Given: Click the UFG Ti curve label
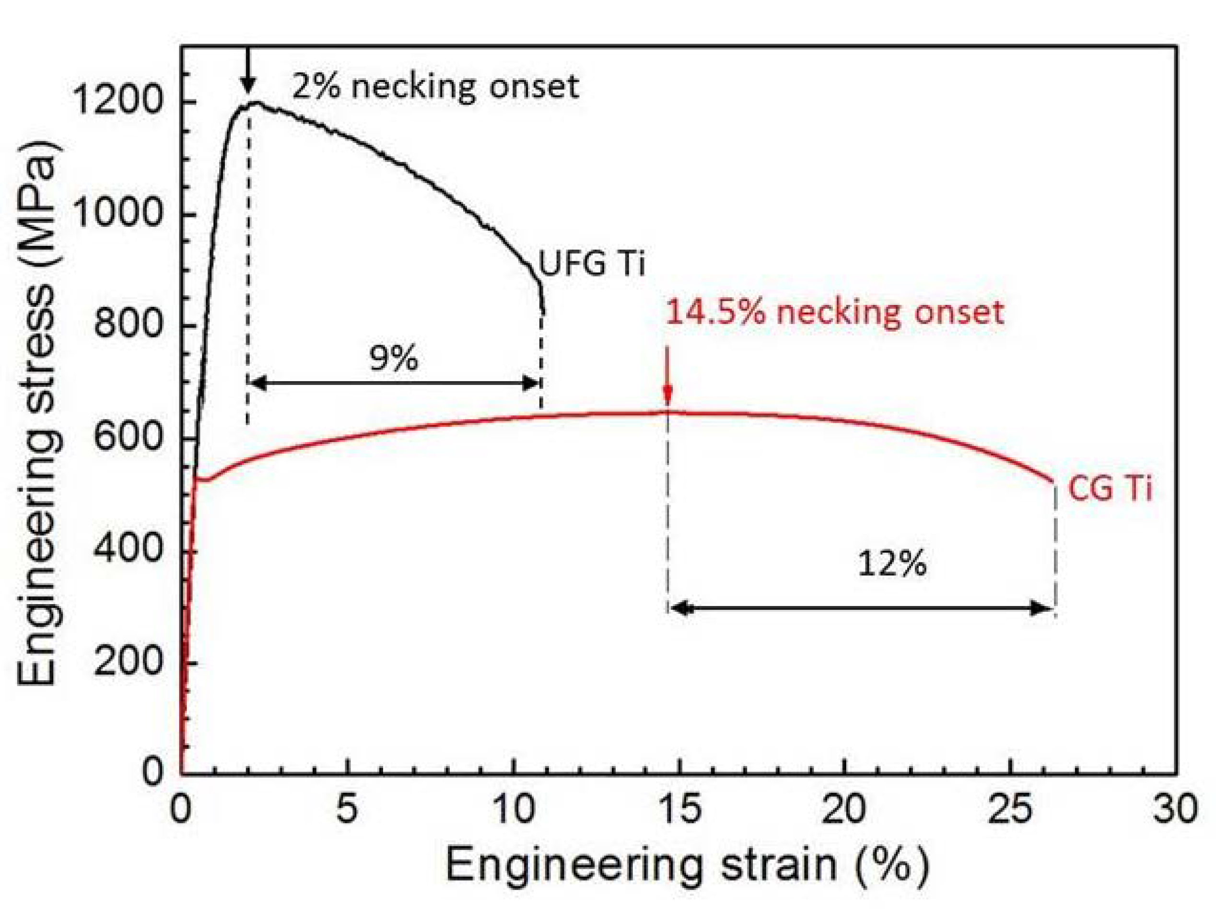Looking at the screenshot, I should click(x=591, y=263).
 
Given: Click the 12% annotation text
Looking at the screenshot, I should click(x=892, y=564).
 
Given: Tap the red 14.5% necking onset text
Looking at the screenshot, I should click(x=835, y=313).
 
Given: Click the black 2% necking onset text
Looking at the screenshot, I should click(x=435, y=87).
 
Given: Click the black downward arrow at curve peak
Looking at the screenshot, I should click(x=248, y=71).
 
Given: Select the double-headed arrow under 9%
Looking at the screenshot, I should click(x=394, y=383).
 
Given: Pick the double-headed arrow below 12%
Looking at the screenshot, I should click(x=861, y=608).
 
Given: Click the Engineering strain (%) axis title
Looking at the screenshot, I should click(x=687, y=865).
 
